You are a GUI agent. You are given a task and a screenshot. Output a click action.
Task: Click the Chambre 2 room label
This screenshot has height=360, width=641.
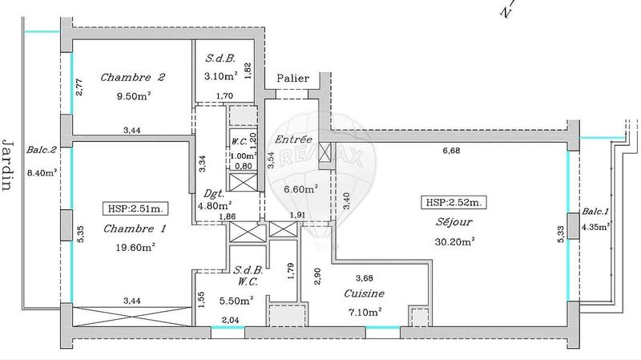(x=133, y=78)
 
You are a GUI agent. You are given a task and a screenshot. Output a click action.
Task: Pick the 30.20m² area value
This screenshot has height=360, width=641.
(x=454, y=241)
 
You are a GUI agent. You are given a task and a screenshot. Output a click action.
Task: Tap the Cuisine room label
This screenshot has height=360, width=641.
(x=365, y=293)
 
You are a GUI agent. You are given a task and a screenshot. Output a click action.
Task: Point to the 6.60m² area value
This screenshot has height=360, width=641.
(x=301, y=189)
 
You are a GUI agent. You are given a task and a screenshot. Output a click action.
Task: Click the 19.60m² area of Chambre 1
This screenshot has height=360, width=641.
(x=135, y=248)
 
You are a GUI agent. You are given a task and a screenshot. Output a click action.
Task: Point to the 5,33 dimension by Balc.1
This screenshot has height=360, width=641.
(x=562, y=232)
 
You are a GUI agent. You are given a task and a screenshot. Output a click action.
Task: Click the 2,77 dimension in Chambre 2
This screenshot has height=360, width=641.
(x=79, y=87)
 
